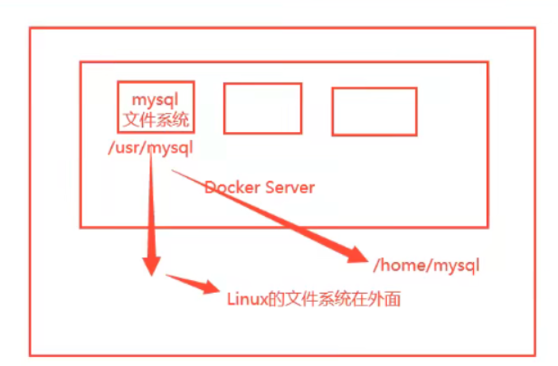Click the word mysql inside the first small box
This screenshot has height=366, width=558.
[x=156, y=97]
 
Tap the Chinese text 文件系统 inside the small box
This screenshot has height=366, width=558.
[x=156, y=117]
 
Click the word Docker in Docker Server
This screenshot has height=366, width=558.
[x=231, y=188]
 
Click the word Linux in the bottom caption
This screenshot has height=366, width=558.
[x=242, y=296]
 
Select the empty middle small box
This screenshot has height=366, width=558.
[x=262, y=108]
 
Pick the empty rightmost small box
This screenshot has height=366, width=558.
[x=374, y=111]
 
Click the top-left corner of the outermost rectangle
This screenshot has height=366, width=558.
[x=30, y=28]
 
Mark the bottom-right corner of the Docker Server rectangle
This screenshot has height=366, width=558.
[x=488, y=227]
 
